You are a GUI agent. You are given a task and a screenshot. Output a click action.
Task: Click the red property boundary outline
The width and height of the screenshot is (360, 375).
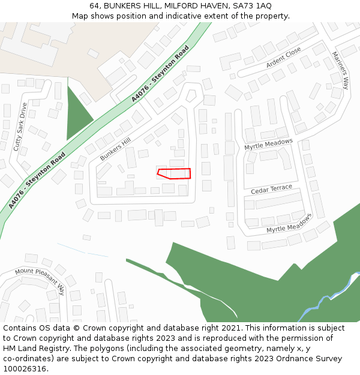click(174, 173)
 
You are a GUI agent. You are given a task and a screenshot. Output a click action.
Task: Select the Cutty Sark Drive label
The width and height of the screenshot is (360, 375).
click(20, 127)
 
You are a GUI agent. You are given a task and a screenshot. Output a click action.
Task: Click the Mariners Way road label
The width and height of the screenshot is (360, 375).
click(340, 70)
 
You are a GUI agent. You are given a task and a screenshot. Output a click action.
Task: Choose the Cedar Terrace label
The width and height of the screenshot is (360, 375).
click(271, 190)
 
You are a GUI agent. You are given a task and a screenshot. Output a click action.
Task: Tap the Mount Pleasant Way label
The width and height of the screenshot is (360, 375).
click(40, 278)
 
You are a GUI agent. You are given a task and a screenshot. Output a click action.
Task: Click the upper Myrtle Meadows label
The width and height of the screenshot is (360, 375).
click(268, 145)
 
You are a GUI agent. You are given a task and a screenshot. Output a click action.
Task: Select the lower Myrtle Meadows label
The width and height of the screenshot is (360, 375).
click(289, 223)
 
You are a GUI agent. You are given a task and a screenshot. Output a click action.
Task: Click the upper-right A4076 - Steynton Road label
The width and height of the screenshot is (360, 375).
click(160, 73)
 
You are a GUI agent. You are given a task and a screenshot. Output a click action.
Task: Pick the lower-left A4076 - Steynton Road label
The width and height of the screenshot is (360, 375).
click(37, 180)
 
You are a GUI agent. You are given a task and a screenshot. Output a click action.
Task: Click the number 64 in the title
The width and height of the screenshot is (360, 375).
click(94, 5)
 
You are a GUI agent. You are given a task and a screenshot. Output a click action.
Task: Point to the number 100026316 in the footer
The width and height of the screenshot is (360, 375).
click(23, 368)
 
